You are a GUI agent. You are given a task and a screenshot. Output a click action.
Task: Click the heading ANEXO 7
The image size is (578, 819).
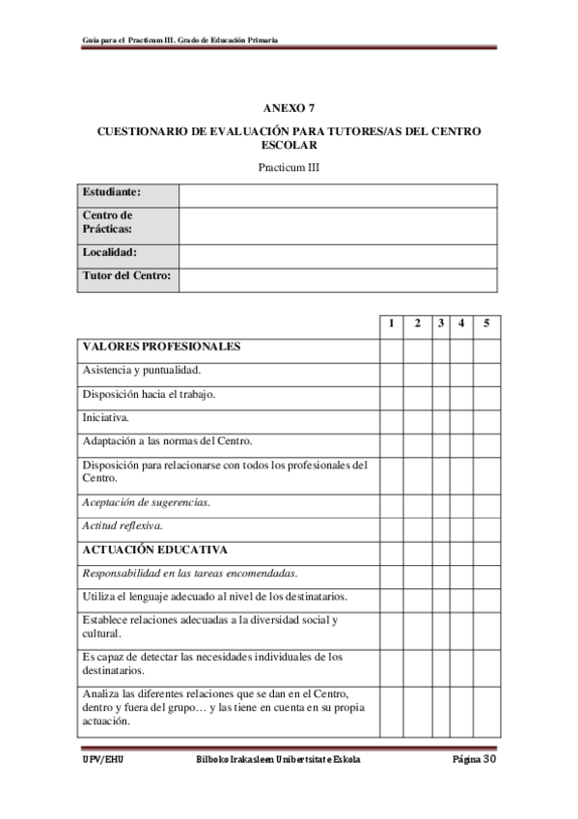[289, 108]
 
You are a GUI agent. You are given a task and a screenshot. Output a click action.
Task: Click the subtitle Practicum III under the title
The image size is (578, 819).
[289, 166]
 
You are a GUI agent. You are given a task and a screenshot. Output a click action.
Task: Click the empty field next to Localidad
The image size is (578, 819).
[338, 253]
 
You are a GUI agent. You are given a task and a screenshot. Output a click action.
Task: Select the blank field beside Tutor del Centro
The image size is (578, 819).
[338, 278]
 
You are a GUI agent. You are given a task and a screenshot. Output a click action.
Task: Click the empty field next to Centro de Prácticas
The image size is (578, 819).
[338, 223]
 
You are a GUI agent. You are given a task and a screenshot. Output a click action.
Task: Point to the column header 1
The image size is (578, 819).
[391, 324]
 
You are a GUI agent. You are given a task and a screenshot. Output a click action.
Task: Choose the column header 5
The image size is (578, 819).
[485, 324]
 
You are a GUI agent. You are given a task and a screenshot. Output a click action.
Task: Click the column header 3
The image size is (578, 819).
[440, 324]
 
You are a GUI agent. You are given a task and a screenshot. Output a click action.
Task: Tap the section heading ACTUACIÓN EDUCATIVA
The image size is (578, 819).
[154, 551]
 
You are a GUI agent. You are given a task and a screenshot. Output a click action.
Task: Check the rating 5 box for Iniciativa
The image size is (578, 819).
[485, 419]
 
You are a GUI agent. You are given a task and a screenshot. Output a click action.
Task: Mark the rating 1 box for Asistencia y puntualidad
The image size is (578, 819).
[391, 371]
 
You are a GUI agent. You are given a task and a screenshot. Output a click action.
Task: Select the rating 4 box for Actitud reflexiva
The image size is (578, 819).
[460, 526]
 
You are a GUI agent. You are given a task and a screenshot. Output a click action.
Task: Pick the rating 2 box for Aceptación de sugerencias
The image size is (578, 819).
[417, 502]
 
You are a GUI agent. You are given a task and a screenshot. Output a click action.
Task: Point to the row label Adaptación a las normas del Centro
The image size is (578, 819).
[167, 442]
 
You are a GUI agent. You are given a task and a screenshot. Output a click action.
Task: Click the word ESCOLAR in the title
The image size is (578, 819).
[289, 145]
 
